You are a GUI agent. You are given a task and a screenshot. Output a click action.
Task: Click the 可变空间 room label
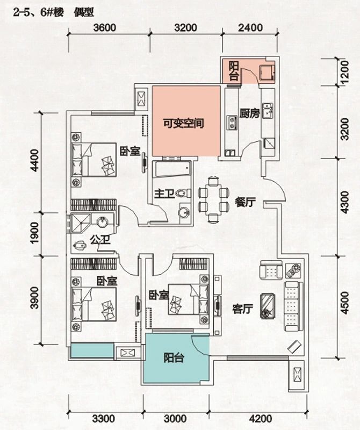coord(183,124)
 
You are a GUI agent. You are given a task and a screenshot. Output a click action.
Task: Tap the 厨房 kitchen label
coord(249,113)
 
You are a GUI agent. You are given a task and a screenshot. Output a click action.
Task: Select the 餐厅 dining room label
coord(246,203)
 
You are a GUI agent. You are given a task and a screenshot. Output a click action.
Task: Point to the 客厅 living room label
coord(242,309)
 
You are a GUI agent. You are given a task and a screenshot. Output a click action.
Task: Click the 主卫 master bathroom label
coord(164,193)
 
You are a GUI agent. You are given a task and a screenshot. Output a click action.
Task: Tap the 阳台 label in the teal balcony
coord(174,358)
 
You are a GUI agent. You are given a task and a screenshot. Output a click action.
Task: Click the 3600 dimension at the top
coord(104,28)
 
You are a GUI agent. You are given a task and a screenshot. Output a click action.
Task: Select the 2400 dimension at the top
coord(250,28)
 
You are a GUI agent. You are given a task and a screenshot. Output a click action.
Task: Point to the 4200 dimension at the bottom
coord(261,419)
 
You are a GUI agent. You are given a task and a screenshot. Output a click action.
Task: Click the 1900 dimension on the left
coord(35,233)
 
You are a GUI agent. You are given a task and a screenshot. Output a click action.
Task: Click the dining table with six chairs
coord(214,199)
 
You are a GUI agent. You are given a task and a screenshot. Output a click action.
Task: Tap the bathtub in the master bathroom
coord(171,168)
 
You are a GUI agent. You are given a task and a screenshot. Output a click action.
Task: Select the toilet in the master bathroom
coord(183,193)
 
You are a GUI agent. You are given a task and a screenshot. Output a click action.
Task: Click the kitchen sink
coord(268,110)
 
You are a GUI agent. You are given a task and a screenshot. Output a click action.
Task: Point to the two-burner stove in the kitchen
coord(233,123)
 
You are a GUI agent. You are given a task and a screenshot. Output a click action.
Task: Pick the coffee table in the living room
coord(268,306)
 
